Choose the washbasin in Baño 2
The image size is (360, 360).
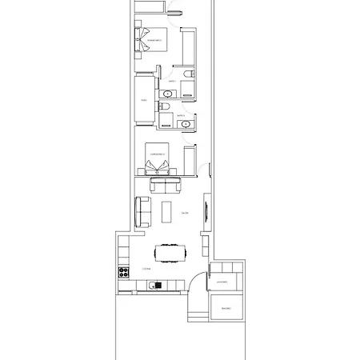click(x=186, y=124)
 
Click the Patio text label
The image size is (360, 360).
click(x=144, y=101)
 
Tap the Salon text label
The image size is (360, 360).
click(x=185, y=213)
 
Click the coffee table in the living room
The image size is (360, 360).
click(x=166, y=212)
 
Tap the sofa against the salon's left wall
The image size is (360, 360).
click(x=141, y=211)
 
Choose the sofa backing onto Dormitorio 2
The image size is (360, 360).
click(x=166, y=186)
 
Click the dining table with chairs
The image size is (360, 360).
click(x=169, y=254)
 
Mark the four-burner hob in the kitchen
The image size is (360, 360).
click(x=125, y=272)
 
